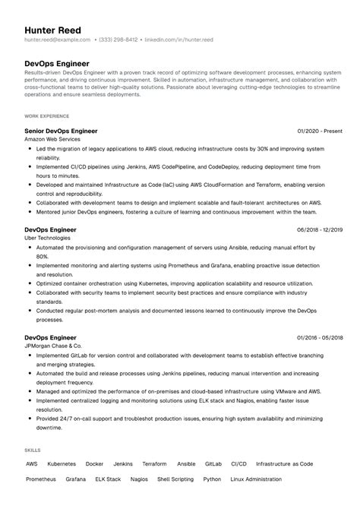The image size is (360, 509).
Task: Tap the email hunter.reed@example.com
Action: tap(52, 40)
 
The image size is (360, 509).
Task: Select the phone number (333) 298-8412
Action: tap(115, 40)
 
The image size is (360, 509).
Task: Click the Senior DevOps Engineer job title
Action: tap(62, 131)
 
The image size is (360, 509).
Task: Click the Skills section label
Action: tap(33, 451)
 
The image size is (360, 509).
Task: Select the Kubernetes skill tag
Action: tap(62, 463)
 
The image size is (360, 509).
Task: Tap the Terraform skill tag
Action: tap(154, 463)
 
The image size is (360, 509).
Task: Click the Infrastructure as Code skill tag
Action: tap(284, 463)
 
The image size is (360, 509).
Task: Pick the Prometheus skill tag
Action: tap(41, 479)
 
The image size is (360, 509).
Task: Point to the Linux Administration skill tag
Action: tap(256, 479)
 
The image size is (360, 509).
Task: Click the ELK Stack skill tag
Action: tap(108, 479)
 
